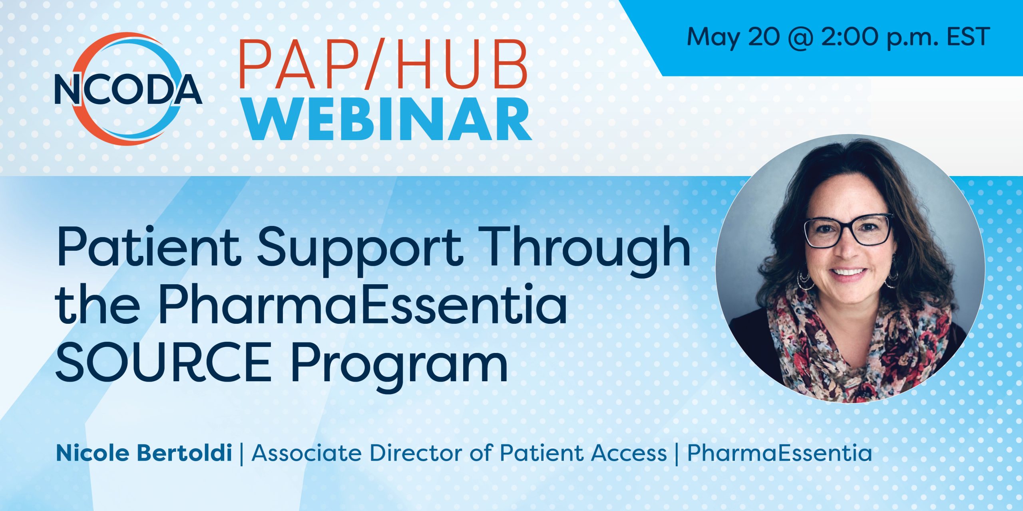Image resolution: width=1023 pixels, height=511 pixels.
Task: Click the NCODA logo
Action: (128, 89)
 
